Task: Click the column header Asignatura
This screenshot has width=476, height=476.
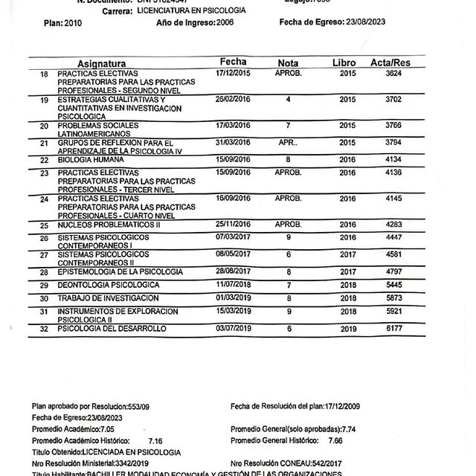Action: point(101,64)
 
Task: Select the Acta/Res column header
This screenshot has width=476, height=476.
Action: point(390,63)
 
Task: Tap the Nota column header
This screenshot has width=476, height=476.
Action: point(288,63)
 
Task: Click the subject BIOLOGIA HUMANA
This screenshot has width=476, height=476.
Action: point(91,160)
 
